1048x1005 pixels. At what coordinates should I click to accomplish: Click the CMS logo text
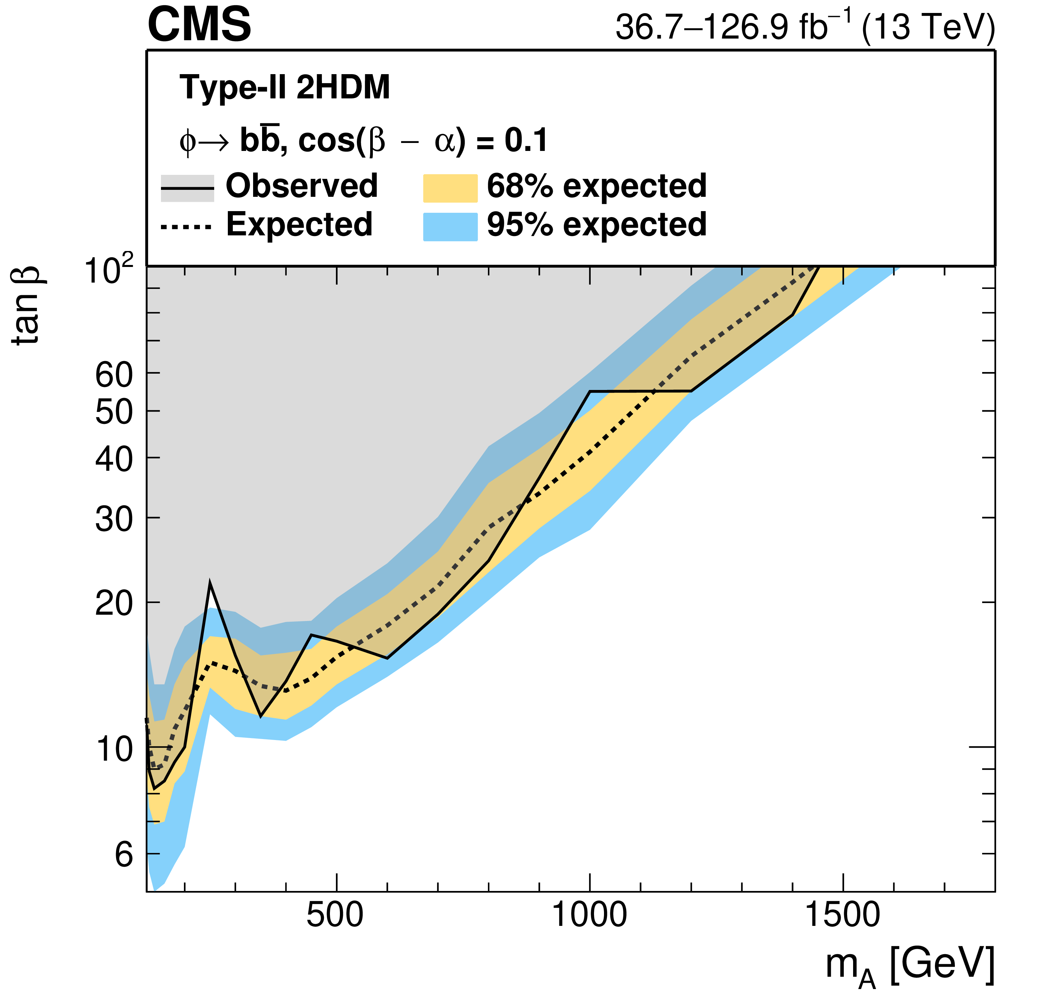point(199,25)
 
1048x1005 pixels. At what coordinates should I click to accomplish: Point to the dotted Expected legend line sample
point(187,227)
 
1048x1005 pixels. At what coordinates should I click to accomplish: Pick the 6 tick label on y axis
point(123,855)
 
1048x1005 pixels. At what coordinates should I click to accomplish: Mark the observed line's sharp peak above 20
point(210,583)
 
